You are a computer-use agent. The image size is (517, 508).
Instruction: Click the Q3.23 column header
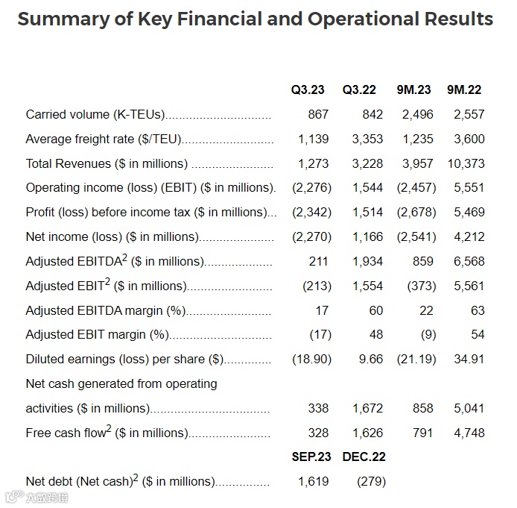[308, 90]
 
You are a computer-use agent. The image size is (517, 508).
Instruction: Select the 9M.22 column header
[464, 90]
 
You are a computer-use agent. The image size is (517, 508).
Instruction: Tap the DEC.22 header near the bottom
[364, 457]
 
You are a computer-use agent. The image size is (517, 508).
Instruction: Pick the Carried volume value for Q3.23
[318, 115]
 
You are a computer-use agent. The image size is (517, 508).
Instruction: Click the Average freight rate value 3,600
[469, 139]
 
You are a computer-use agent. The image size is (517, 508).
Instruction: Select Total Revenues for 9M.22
[467, 164]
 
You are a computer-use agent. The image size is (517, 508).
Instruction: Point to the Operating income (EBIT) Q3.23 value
[311, 188]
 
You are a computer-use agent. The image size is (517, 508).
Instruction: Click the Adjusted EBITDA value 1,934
[367, 262]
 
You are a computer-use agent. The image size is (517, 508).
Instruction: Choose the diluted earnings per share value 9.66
[370, 360]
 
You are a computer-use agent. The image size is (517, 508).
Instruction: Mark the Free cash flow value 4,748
[469, 433]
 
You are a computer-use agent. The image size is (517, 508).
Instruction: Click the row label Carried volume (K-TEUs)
[95, 115]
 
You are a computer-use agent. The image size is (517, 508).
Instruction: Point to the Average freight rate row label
[104, 139]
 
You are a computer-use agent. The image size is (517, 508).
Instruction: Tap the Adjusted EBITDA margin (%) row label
[105, 310]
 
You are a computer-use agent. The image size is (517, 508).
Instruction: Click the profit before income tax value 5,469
[469, 213]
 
